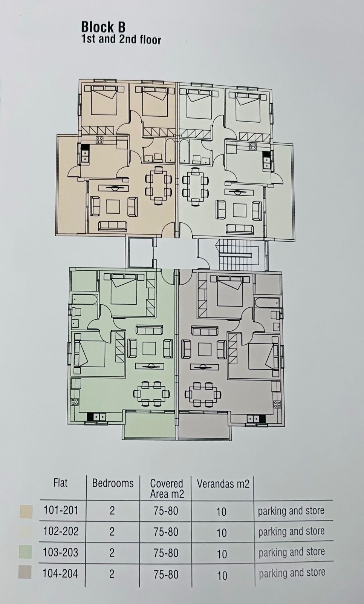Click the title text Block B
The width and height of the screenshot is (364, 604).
coord(103,27)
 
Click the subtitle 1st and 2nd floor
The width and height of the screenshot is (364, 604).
coord(121,39)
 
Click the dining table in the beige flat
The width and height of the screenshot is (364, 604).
coord(159,185)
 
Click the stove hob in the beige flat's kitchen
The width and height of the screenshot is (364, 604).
coord(99,140)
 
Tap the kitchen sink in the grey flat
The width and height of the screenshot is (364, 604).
coord(254,419)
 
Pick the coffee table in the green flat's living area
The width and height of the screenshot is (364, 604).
coord(150,348)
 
